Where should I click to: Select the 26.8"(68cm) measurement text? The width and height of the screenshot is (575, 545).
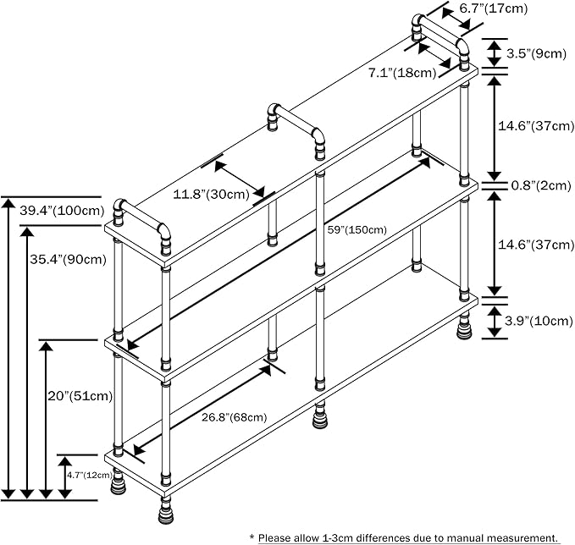click(235, 416)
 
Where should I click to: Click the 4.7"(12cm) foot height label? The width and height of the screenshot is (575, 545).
click(88, 475)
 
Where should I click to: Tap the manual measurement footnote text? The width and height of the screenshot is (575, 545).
click(404, 537)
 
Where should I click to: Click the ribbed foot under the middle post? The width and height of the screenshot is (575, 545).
click(321, 416)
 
